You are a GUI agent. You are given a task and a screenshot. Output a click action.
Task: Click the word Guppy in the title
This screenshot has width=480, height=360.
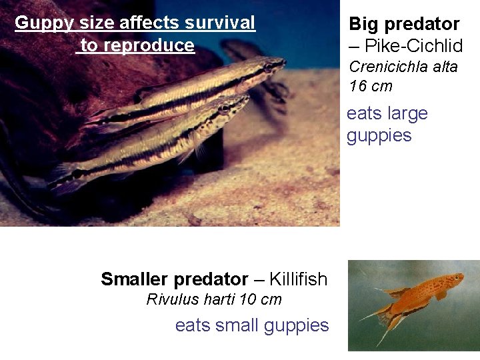[x=37, y=23]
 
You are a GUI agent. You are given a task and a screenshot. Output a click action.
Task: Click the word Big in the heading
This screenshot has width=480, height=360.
[x=364, y=25]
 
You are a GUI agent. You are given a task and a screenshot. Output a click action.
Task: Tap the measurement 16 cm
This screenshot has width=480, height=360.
[x=371, y=86]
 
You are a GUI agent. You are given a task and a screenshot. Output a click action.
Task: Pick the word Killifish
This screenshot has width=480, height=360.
[x=299, y=279]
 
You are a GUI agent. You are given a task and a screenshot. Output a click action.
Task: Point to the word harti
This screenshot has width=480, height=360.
[x=217, y=299]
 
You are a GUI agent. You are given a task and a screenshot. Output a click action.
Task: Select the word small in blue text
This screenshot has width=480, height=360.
[x=241, y=325]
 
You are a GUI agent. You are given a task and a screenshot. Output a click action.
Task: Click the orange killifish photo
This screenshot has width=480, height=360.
[x=413, y=305]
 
